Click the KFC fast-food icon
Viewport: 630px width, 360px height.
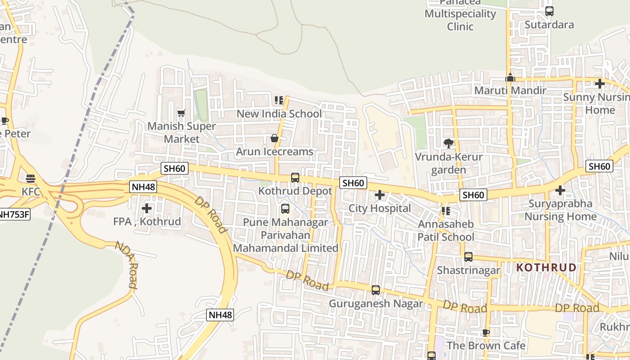31,179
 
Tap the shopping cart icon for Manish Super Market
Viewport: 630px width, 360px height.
181,113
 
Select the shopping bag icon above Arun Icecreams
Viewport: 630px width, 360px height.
274,138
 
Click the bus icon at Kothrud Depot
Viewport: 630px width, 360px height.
295,178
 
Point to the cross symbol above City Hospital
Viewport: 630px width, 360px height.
380,195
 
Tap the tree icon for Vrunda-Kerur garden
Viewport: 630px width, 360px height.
448,144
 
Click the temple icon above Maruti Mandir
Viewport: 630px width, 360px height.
510,77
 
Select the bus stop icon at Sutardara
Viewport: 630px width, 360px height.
549,11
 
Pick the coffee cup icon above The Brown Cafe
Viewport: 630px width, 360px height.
486,333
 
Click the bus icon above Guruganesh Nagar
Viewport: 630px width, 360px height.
376,290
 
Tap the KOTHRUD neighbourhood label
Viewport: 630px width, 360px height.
546,268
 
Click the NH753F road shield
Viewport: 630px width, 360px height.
13,215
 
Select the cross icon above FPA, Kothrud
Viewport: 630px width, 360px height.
147,208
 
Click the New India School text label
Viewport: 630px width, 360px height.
279,114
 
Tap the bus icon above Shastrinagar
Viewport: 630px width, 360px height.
468,257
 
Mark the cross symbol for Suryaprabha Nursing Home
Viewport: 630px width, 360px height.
560,190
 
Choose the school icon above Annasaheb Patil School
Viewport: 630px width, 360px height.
445,211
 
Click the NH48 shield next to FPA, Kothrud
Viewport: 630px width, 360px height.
143,187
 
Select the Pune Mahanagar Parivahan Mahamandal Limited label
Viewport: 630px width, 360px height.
285,235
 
